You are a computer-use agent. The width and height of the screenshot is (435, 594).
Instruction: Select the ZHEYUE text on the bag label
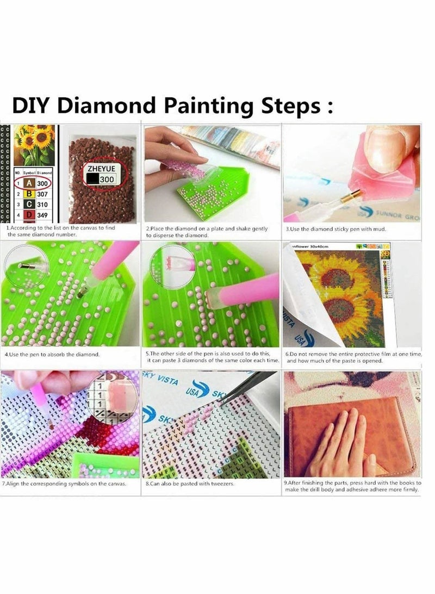tap(101, 169)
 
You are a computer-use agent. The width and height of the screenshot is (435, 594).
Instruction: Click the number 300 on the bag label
tap(106, 180)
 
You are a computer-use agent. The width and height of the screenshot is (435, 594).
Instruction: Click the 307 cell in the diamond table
tap(42, 194)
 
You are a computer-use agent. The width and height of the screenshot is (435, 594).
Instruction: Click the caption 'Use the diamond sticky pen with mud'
tap(336, 229)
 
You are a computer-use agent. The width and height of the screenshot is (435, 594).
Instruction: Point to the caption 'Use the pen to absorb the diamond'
tap(52, 354)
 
